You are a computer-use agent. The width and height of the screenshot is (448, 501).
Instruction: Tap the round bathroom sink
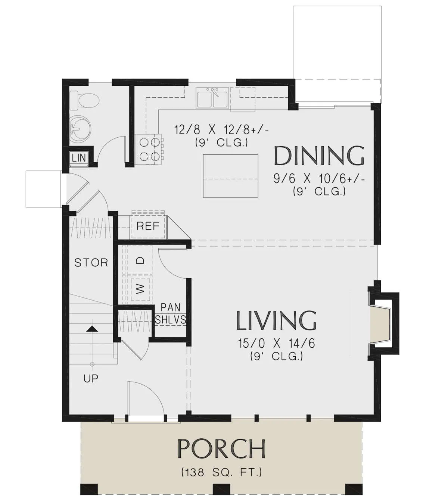(x=80, y=129)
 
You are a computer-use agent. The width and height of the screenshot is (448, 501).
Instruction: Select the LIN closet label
(x=79, y=158)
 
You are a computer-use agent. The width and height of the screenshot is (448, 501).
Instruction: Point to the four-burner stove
(x=149, y=149)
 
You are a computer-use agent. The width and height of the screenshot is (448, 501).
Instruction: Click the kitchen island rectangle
(x=230, y=176)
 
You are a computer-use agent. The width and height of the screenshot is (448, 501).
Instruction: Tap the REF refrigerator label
(x=148, y=226)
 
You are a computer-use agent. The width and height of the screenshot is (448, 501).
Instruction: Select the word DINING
(x=319, y=156)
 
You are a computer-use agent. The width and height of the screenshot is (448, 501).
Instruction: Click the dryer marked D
(x=140, y=260)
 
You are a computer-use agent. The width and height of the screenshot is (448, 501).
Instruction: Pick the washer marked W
(x=140, y=289)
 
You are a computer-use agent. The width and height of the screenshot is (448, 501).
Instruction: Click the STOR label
(x=91, y=263)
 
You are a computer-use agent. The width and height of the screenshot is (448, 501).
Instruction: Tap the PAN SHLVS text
(x=170, y=314)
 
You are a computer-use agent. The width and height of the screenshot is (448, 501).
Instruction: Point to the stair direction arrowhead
(x=92, y=329)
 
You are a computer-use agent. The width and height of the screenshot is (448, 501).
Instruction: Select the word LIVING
(x=276, y=320)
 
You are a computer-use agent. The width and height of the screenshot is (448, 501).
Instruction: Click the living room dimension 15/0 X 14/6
(x=277, y=344)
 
